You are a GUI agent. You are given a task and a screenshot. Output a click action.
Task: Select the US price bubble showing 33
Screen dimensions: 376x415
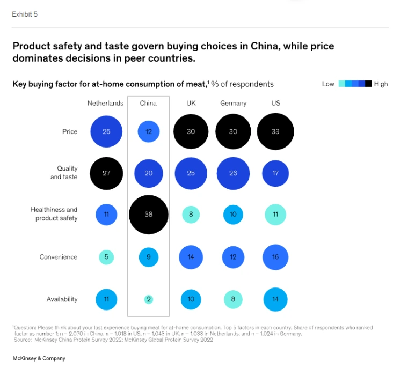click(275, 131)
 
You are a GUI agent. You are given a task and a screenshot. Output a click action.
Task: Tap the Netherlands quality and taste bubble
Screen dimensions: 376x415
click(106, 173)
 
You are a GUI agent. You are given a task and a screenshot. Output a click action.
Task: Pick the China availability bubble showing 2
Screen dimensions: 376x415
click(149, 299)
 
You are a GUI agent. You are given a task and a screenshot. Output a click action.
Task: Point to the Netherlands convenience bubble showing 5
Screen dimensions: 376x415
click(106, 257)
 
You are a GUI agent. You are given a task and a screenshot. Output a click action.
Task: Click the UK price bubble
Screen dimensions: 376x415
click(191, 131)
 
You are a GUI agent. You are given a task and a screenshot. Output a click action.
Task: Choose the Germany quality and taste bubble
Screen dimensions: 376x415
click(233, 173)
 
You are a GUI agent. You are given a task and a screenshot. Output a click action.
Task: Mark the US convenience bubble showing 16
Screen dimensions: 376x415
click(275, 257)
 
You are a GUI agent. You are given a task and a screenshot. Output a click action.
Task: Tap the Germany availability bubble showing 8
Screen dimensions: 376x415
click(233, 299)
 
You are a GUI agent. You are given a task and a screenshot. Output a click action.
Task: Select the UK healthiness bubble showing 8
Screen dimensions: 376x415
click(191, 215)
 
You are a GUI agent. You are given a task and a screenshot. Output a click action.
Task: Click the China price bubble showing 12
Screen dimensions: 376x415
click(149, 131)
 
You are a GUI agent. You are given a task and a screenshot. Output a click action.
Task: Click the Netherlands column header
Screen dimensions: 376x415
click(105, 103)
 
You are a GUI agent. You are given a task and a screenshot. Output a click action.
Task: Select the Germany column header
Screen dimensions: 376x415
click(233, 103)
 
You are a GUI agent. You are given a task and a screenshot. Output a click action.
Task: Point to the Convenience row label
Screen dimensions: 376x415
click(59, 257)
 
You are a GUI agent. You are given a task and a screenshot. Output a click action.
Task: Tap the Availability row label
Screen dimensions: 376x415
click(62, 299)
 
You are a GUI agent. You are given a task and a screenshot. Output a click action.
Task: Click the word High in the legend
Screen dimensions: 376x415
click(381, 84)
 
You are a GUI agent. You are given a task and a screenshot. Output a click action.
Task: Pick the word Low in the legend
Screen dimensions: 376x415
click(328, 84)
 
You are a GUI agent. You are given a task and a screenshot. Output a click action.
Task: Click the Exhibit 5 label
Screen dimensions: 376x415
click(25, 14)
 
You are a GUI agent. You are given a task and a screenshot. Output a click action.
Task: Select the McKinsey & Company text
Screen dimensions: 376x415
click(39, 358)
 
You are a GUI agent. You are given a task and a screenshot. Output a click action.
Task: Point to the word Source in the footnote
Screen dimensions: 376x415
click(22, 340)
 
